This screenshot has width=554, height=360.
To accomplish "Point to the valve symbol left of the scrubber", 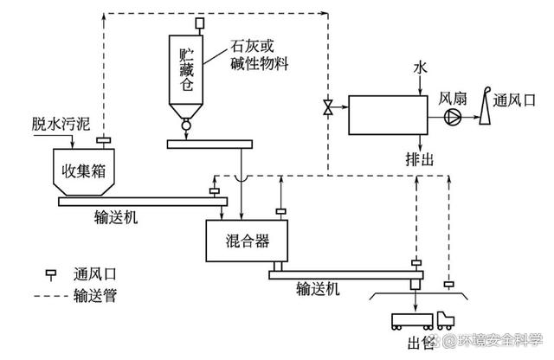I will (x=330, y=107).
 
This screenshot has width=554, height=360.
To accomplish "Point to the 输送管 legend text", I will (x=96, y=297).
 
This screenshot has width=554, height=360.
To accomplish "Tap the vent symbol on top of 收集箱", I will (x=102, y=139).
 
